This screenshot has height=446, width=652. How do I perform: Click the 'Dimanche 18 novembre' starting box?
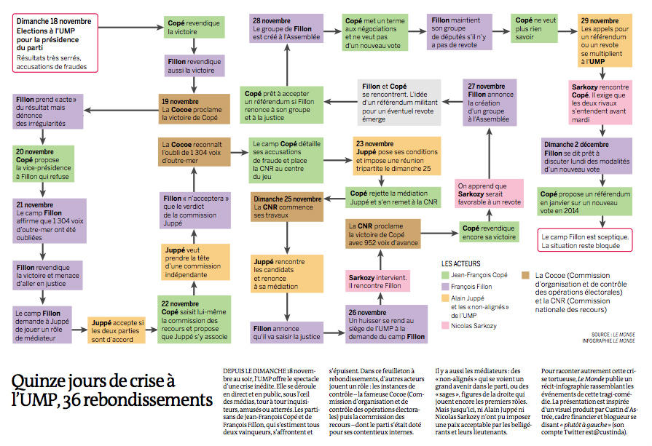(55, 43)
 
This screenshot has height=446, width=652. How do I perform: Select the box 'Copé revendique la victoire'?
(195, 27)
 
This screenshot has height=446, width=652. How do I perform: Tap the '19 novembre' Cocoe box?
(194, 109)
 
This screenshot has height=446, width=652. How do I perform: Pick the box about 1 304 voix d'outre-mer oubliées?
(50, 221)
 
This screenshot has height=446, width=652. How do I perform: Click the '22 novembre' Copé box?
(195, 319)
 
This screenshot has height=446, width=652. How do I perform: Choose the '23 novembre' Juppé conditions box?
(397, 156)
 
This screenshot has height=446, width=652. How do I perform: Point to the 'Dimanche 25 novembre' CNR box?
(287, 207)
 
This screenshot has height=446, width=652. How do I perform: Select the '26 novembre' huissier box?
(387, 324)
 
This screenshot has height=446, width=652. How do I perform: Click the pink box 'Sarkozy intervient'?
(378, 281)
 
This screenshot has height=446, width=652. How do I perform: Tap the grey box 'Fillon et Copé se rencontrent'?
(399, 102)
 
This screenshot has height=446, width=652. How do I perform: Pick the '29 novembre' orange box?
(605, 40)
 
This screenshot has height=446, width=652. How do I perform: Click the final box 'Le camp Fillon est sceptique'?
(585, 240)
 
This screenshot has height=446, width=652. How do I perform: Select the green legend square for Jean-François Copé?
(445, 275)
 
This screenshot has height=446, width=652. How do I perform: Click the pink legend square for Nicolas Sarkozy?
(445, 325)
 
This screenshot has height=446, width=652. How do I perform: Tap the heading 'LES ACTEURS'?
(460, 263)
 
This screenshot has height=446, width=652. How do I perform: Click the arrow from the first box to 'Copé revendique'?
(131, 28)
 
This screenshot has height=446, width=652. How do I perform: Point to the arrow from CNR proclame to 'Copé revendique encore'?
(439, 234)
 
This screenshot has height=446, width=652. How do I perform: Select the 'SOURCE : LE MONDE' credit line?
(613, 334)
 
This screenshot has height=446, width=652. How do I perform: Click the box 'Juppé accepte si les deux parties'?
(117, 330)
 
